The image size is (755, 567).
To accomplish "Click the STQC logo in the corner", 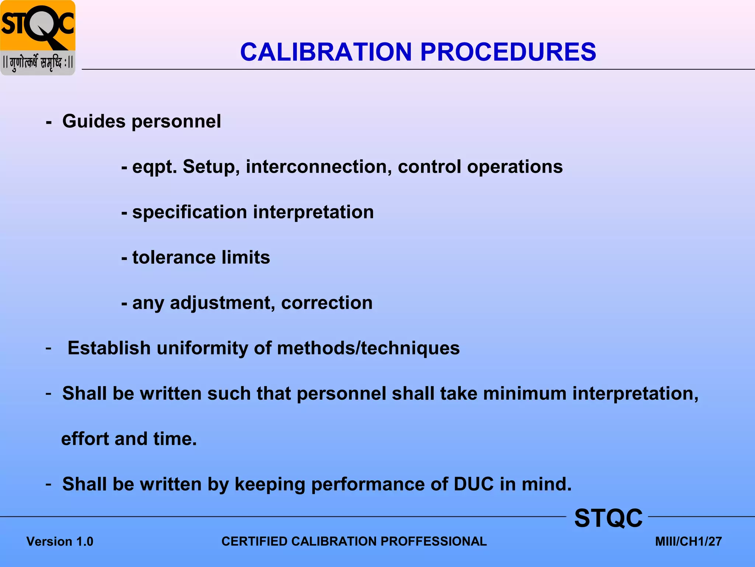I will (38, 38).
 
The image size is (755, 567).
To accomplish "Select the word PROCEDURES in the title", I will (508, 52).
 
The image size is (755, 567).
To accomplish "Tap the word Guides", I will (94, 121).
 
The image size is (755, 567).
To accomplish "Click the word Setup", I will (211, 167).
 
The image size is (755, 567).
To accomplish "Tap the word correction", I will (327, 303).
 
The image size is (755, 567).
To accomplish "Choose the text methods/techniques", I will (368, 348).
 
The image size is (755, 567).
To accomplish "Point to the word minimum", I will (525, 394).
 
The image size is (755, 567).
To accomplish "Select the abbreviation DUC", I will (473, 484).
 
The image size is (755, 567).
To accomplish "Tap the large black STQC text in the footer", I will (608, 518).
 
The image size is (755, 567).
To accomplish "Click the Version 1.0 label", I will (60, 542).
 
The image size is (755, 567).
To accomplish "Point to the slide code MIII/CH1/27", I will (688, 542).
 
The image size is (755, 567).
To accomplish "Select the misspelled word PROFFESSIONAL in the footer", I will (434, 542).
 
